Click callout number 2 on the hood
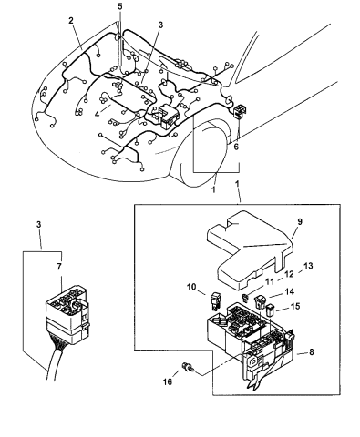71,21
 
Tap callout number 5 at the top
120,6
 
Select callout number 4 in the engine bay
97,115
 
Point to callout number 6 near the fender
236,147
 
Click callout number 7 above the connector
59,267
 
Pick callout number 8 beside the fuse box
311,352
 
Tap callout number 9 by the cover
300,222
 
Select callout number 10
191,287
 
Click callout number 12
289,274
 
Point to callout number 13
308,266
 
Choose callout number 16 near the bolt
168,381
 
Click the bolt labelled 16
188,368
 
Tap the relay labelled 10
214,301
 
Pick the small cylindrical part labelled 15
270,310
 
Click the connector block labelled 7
67,315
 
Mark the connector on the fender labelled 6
240,111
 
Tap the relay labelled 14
260,301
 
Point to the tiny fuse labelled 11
244,298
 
